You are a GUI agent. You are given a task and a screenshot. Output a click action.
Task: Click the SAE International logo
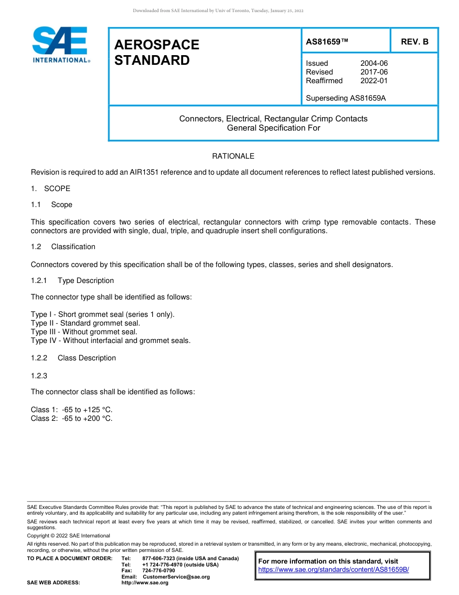[x=60, y=45]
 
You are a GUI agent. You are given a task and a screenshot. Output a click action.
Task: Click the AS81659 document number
[x=327, y=42]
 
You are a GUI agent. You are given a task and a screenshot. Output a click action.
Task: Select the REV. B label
[x=414, y=42]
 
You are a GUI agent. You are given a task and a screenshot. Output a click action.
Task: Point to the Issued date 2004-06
[x=374, y=63]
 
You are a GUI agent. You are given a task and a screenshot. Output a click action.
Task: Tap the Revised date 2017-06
[x=374, y=72]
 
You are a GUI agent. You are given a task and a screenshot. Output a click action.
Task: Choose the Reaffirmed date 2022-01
[x=374, y=81]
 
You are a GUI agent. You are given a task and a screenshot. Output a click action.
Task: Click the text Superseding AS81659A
[x=345, y=98]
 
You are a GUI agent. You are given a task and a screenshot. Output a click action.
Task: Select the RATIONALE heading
[x=233, y=156]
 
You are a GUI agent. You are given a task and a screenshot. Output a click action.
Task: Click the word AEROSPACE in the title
[x=157, y=45]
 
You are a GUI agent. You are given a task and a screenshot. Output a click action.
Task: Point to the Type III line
[x=84, y=332]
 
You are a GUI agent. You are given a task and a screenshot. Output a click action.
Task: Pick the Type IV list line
[x=111, y=341]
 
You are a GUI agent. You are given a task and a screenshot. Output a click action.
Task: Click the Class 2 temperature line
[x=72, y=418]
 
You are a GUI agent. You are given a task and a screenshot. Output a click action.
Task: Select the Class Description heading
[x=86, y=358]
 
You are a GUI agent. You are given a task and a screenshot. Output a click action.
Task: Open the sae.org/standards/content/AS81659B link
[x=333, y=570]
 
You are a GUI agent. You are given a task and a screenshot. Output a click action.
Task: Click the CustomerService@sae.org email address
[x=176, y=577]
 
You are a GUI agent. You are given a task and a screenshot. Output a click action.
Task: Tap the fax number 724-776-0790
[x=158, y=571]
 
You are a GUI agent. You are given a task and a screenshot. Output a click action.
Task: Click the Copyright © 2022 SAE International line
[x=69, y=535]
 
